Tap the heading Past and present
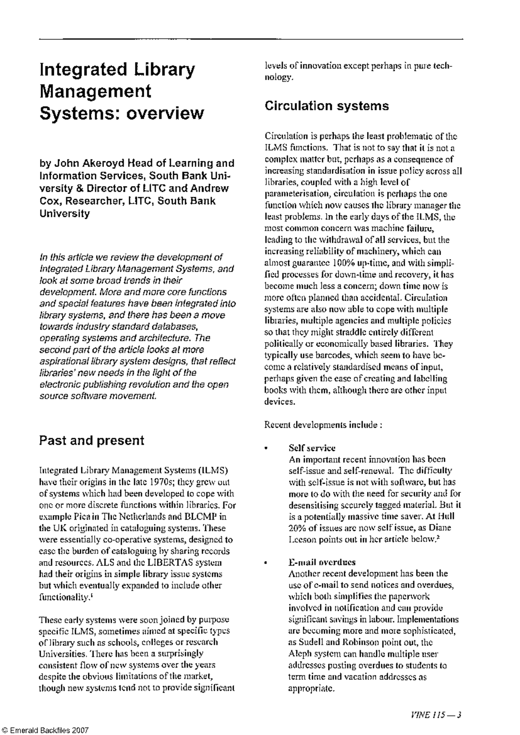91,441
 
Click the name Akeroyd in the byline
100,163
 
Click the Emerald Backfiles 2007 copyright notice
45,730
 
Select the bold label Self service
312,448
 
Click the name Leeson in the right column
301,539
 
